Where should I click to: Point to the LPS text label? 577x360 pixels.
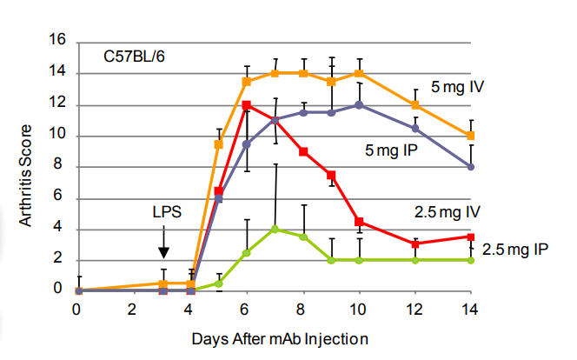[x=163, y=212]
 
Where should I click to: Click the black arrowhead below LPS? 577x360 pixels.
[x=163, y=251]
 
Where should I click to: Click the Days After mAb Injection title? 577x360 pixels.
[x=275, y=337]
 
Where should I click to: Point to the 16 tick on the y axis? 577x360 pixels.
[x=59, y=41]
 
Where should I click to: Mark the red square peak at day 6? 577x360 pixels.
[x=247, y=104]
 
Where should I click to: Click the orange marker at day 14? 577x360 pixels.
[x=471, y=136]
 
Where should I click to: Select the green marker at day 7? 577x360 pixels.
[x=275, y=229]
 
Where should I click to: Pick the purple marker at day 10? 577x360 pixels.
[x=359, y=104]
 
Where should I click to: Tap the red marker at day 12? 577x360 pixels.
[x=415, y=243]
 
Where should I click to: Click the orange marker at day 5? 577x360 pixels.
[x=218, y=143]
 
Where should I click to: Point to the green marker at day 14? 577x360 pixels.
[x=471, y=260]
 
